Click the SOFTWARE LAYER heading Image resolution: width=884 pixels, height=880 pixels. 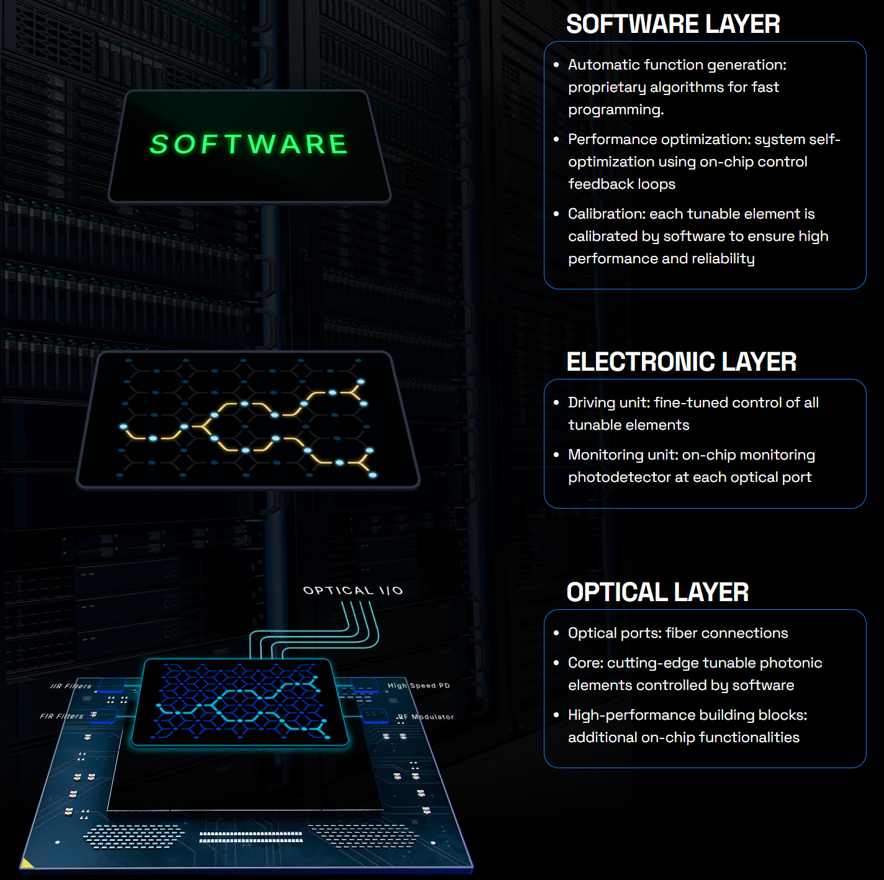point(673,24)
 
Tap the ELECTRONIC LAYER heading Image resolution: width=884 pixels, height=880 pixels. point(681,362)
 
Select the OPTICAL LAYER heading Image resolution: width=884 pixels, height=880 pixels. point(657,592)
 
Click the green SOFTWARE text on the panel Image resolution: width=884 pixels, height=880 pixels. point(249,145)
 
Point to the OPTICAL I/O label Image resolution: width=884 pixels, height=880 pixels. point(353,590)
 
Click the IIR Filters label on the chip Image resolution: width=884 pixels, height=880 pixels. point(71,686)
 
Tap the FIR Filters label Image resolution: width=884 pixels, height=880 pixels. point(61,716)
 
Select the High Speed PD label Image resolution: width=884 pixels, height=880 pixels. point(418,686)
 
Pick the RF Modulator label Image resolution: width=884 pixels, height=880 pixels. point(426,717)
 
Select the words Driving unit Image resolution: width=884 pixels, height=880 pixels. point(607,403)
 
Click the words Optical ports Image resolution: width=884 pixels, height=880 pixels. point(614,633)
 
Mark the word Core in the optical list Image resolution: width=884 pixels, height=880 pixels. point(584,663)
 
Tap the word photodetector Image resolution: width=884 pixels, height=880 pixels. point(620,478)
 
